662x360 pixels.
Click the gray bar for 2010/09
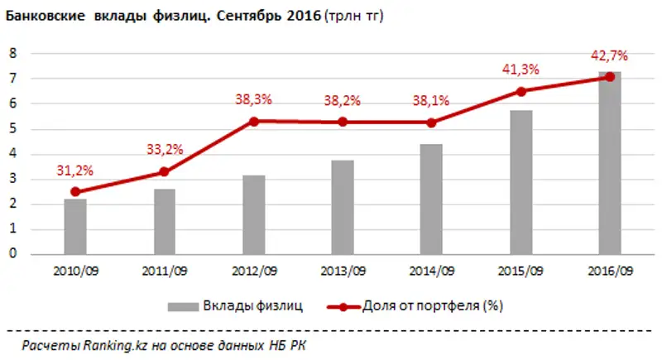click(x=75, y=227)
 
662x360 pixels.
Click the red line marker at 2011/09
click(x=165, y=172)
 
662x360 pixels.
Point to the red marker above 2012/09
click(x=254, y=121)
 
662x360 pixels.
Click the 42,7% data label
click(x=611, y=56)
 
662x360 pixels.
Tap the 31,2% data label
click(x=75, y=170)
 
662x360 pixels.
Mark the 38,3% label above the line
click(x=254, y=100)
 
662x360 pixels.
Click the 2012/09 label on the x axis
click(x=254, y=270)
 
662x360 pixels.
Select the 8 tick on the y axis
click(x=13, y=53)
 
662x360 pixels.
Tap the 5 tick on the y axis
click(x=13, y=129)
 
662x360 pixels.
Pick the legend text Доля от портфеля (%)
click(x=433, y=306)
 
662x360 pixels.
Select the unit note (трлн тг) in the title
click(x=357, y=15)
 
